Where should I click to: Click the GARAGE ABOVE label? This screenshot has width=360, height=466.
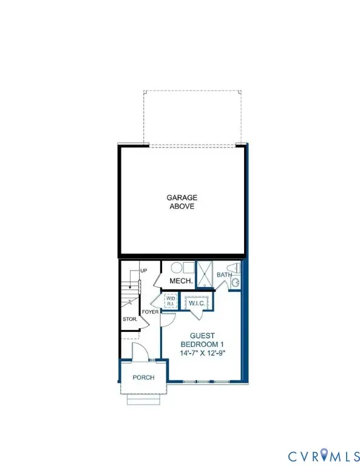coord(182,202)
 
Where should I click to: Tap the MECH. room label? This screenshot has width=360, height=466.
coord(181,281)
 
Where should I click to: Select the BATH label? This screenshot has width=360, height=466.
coord(224,275)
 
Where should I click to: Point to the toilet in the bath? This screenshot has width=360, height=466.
coord(233,268)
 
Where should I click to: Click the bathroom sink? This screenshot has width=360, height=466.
coord(236,283)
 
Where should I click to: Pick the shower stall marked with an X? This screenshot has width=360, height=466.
coord(205,275)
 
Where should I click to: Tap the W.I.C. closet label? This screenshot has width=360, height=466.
coord(197,303)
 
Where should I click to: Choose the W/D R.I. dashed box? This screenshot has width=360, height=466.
coord(171,301)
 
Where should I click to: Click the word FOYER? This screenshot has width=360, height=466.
coord(150,312)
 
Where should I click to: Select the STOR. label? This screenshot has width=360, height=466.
coord(130,320)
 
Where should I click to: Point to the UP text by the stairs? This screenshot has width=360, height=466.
coord(144,271)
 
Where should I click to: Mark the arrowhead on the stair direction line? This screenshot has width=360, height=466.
coord(130,288)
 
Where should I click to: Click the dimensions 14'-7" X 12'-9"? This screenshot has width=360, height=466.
coord(202,353)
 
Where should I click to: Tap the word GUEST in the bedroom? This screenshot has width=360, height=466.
coord(202,336)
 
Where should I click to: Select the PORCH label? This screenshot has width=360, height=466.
coord(144,377)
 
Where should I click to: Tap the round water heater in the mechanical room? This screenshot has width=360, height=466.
coord(176,268)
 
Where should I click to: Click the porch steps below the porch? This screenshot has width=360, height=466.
coord(144,399)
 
